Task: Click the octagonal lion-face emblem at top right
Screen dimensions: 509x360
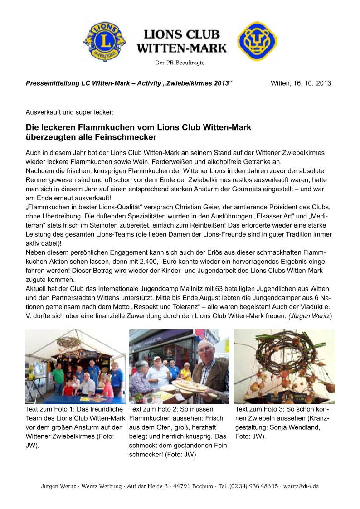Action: click(257, 41)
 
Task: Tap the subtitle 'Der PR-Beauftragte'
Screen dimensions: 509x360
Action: click(180, 63)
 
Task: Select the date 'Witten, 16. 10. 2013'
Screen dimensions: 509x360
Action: click(301, 83)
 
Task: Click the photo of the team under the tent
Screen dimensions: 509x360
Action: click(75, 366)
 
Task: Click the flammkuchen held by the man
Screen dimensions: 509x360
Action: click(190, 386)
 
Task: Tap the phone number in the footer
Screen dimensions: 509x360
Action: click(254, 486)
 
